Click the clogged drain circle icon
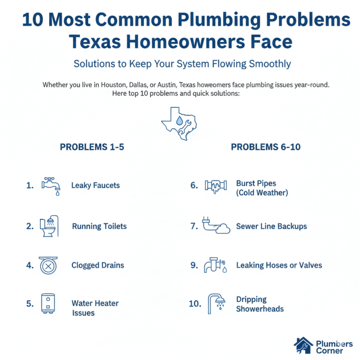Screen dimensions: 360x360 (48, 265)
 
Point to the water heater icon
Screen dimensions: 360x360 (48, 303)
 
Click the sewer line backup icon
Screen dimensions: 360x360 (216, 226)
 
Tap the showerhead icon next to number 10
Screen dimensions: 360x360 (217, 304)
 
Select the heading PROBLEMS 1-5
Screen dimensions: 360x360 (92, 147)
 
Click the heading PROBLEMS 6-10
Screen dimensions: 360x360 (266, 147)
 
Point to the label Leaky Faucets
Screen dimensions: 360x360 (96, 185)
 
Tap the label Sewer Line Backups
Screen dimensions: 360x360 (271, 226)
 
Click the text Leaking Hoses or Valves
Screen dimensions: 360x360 (279, 265)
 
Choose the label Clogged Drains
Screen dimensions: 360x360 (98, 265)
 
